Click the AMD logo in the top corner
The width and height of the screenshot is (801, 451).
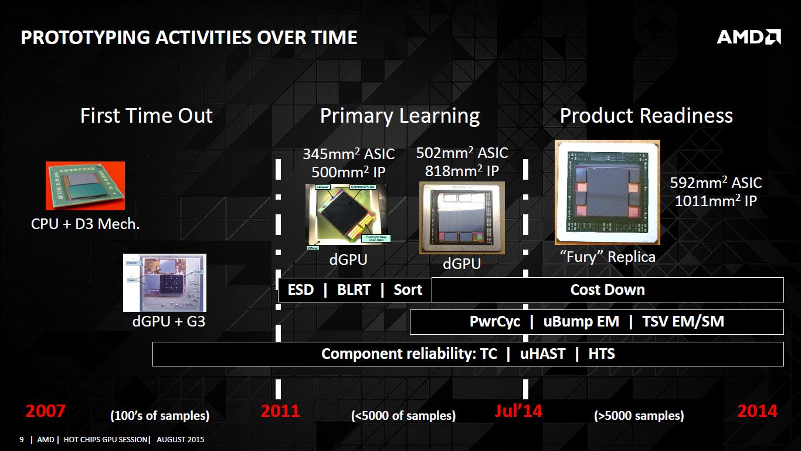748,37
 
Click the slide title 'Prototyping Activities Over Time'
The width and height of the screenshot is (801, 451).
189,38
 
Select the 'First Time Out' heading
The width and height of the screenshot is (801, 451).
146,116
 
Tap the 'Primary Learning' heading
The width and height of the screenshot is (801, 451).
399,116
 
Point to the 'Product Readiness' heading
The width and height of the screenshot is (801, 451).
646,116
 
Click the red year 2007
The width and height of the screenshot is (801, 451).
45,411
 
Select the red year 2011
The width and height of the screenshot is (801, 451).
280,411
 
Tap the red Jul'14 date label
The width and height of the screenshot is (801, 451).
518,411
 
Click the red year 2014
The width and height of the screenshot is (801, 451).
757,411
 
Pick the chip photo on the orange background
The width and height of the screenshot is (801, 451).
85,186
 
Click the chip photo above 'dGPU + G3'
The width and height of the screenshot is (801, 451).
164,282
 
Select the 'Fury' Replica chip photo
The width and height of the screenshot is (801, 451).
607,192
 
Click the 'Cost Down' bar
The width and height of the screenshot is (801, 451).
607,290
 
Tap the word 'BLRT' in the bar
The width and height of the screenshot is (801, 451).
354,290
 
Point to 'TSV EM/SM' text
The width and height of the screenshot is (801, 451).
683,322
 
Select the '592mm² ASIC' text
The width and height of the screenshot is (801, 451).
715,183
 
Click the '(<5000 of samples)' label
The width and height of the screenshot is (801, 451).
403,416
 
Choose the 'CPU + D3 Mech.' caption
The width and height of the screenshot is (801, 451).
85,224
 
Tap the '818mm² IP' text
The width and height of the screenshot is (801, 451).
461,171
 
